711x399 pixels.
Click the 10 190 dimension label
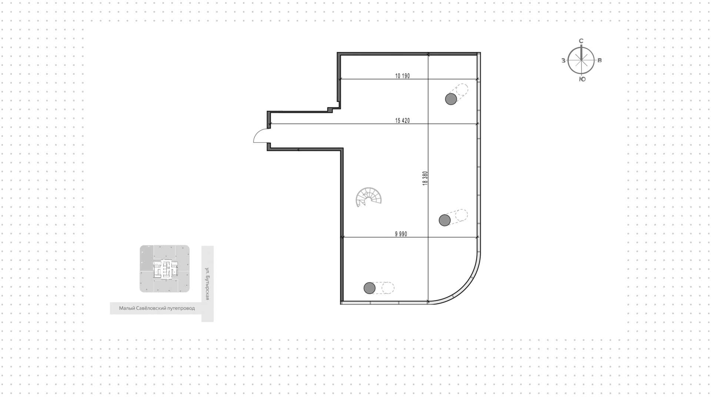click(403, 76)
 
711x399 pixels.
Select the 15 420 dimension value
click(403, 121)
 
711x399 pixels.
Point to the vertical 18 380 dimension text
click(425, 178)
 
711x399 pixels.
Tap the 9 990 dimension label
click(401, 234)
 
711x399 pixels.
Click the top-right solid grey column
click(451, 99)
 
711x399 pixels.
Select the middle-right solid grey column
click(445, 220)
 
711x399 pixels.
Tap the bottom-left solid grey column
click(370, 288)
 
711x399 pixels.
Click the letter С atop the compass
click(581, 41)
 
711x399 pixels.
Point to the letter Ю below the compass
click(582, 79)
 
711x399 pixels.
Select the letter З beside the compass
click(563, 60)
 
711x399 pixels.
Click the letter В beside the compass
click(600, 60)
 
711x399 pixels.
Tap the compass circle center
click(581, 60)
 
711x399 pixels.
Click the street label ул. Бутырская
click(207, 284)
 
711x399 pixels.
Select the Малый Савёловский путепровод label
click(157, 308)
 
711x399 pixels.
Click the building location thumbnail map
click(164, 269)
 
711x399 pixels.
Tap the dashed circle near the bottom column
click(388, 288)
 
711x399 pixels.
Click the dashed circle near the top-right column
click(462, 90)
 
